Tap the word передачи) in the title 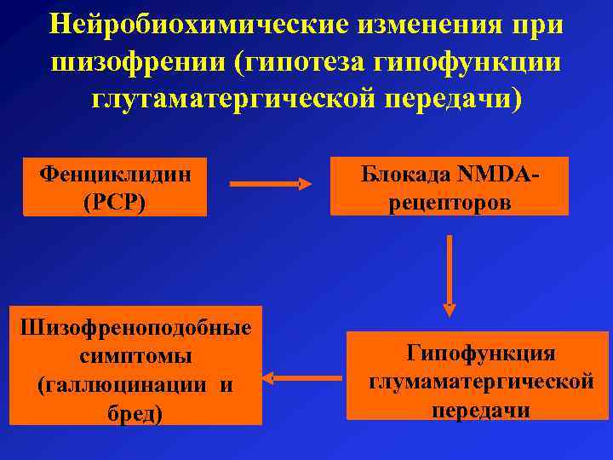click(451, 99)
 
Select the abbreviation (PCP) click(115, 203)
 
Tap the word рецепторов click(450, 203)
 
